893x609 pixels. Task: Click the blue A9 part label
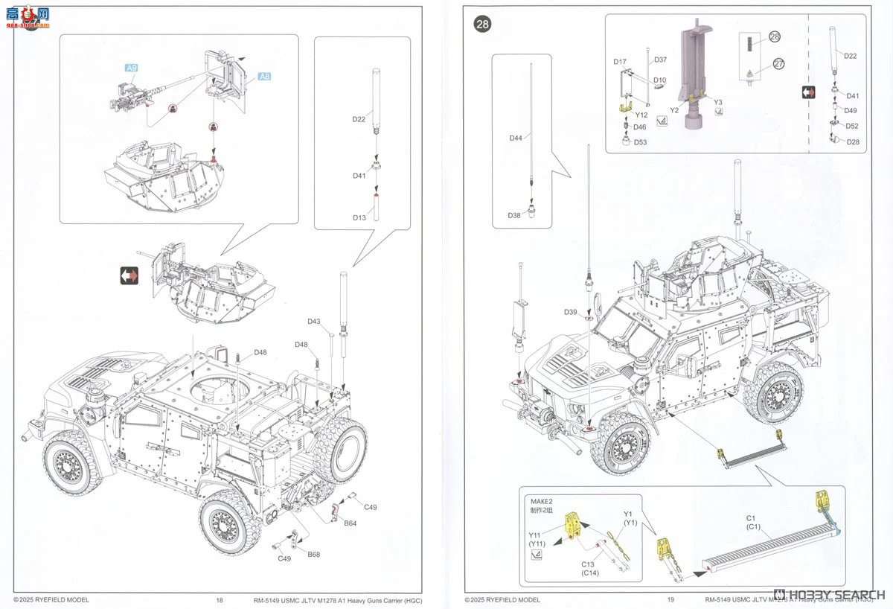pyautogui.click(x=131, y=68)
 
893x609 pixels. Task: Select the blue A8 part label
pyautogui.click(x=265, y=76)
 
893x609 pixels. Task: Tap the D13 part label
pyautogui.click(x=359, y=217)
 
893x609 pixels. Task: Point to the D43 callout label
pyautogui.click(x=314, y=322)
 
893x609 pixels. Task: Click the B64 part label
pyautogui.click(x=351, y=523)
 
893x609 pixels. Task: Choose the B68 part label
pyautogui.click(x=313, y=554)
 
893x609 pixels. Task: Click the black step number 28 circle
pyautogui.click(x=483, y=24)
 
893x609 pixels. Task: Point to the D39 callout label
pyautogui.click(x=571, y=311)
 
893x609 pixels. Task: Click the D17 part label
pyautogui.click(x=620, y=62)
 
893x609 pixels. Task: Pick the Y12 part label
pyautogui.click(x=641, y=115)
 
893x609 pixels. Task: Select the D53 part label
pyautogui.click(x=641, y=141)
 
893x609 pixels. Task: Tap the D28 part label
pyautogui.click(x=852, y=141)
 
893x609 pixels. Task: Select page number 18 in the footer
pyautogui.click(x=219, y=599)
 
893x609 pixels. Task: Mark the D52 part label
pyautogui.click(x=852, y=126)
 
